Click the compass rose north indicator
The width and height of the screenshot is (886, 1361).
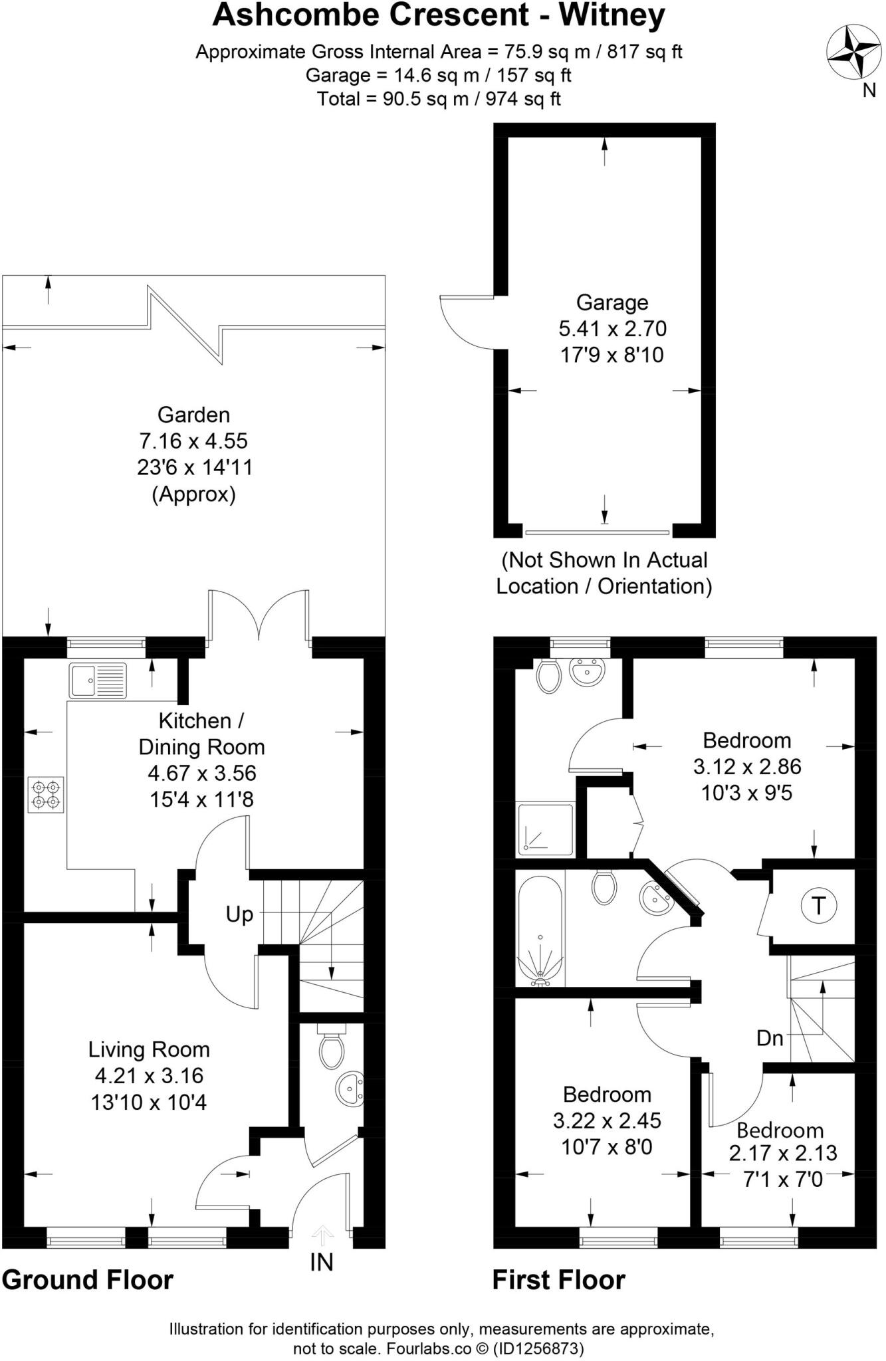click(853, 52)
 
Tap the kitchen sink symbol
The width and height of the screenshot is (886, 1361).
click(97, 679)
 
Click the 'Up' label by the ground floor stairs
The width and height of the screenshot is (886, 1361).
click(239, 914)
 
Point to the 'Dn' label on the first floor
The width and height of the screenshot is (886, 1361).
click(770, 1038)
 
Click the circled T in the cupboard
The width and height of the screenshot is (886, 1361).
click(818, 906)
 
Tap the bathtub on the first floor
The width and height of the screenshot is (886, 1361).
click(540, 931)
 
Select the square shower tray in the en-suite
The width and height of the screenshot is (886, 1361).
click(546, 829)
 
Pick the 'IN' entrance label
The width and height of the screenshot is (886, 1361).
click(322, 1262)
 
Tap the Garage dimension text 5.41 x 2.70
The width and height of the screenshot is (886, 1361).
click(612, 328)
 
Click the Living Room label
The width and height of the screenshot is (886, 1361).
click(149, 1049)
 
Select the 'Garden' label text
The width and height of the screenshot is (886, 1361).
click(193, 415)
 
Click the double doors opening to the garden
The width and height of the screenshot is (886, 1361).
click(259, 615)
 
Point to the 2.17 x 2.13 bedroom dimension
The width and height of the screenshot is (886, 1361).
click(783, 1153)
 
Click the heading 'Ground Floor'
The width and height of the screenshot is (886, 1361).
click(87, 1279)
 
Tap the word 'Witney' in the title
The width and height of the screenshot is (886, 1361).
click(611, 16)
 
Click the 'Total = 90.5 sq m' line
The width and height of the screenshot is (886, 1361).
click(439, 99)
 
